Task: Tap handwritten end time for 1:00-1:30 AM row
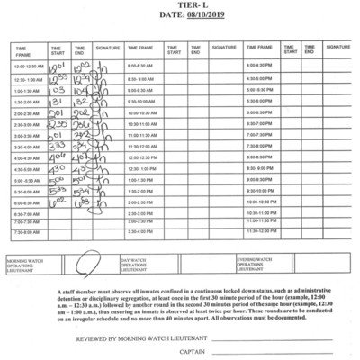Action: pyautogui.click(x=81, y=91)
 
